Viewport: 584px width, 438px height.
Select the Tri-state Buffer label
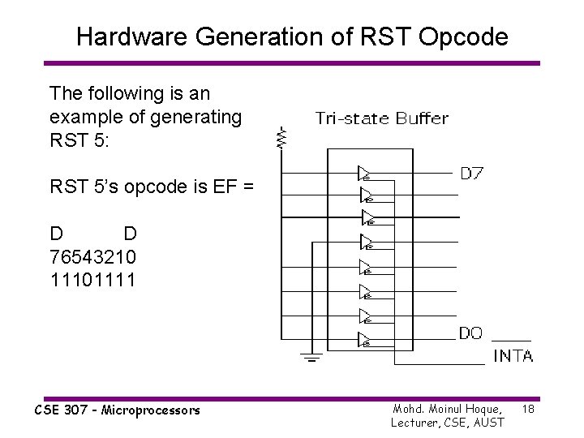point(381,119)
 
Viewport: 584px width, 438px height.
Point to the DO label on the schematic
point(470,333)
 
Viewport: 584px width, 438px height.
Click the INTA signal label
point(513,355)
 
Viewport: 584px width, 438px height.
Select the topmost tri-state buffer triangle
point(364,173)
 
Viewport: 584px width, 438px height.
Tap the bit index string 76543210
point(93,256)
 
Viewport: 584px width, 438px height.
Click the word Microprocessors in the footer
point(153,410)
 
